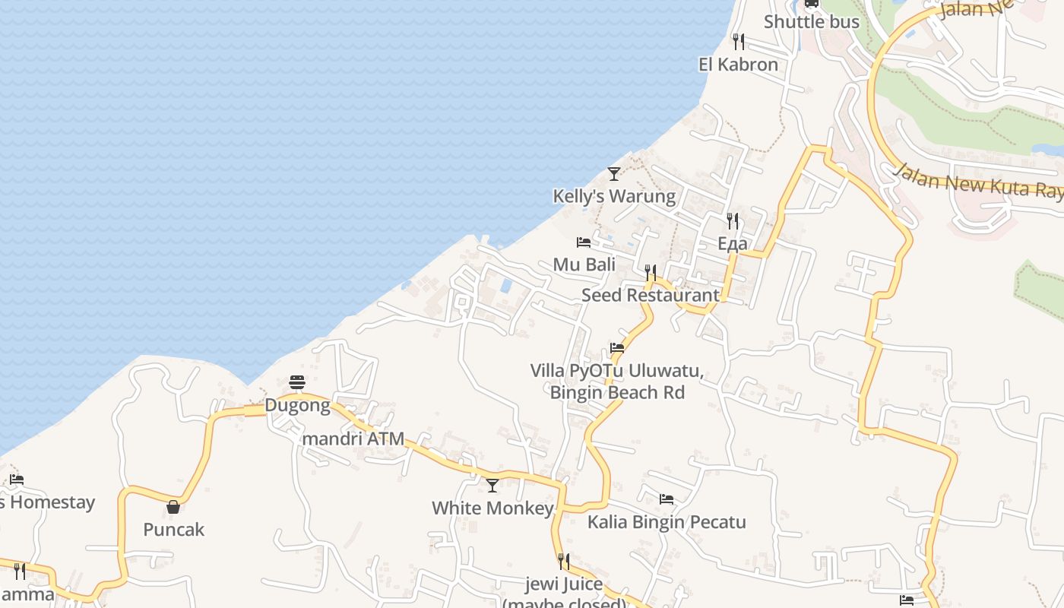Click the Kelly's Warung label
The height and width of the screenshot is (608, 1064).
click(613, 196)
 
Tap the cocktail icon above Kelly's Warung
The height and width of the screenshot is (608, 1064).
click(614, 174)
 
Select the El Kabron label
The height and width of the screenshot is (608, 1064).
click(738, 65)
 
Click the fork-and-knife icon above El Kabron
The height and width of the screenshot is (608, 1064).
click(738, 41)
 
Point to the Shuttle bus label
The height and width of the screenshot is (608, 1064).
click(811, 21)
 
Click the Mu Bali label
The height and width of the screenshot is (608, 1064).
click(584, 264)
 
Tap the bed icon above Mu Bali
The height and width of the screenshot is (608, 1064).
click(584, 242)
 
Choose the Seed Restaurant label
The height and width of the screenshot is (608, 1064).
click(650, 295)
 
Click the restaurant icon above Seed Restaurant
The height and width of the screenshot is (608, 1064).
click(651, 272)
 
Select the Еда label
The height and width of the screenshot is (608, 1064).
click(733, 244)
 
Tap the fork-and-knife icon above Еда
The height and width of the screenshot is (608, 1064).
click(733, 221)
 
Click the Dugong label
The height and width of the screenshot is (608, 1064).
click(297, 405)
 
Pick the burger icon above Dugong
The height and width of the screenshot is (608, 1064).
click(297, 382)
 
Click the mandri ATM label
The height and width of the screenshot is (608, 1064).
click(353, 439)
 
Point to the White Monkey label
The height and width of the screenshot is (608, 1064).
click(492, 508)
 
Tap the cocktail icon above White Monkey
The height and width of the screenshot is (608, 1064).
click(492, 485)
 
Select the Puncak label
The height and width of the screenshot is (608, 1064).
click(173, 530)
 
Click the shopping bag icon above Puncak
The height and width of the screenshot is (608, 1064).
click(173, 507)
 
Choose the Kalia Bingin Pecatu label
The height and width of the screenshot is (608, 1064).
click(667, 522)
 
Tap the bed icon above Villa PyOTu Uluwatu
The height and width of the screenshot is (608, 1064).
click(617, 349)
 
